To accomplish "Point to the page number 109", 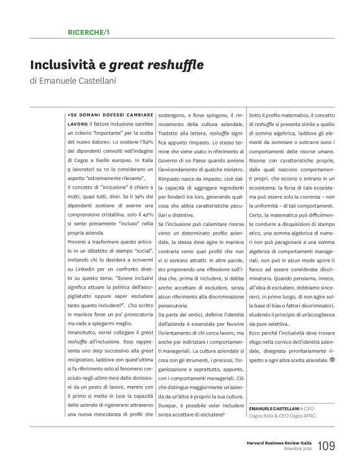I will point(326,447).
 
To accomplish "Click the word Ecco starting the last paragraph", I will point(254,331).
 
